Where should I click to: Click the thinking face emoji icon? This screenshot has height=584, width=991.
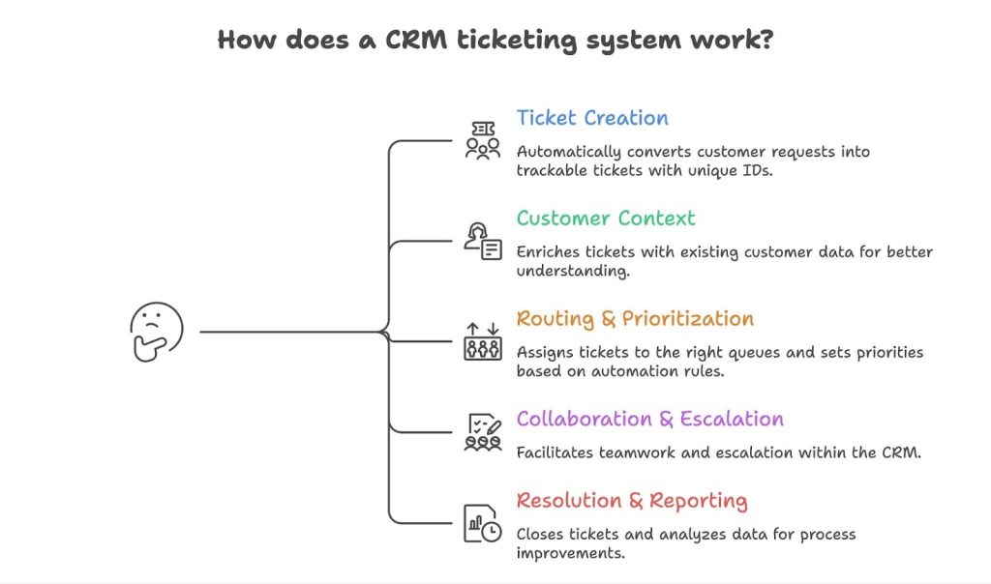[156, 332]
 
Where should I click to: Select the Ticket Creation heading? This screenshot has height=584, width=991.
[592, 118]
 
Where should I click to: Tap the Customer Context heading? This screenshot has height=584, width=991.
[606, 219]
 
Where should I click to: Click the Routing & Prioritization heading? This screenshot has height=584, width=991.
[635, 319]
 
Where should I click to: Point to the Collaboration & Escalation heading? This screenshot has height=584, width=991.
[649, 420]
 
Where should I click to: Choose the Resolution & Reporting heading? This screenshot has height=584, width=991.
[631, 501]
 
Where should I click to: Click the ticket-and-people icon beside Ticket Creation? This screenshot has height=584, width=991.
[483, 140]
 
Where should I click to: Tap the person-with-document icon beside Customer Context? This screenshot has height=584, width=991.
[483, 241]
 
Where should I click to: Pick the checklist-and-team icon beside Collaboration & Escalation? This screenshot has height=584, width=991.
[483, 431]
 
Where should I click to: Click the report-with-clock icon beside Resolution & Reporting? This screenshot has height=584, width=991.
[483, 522]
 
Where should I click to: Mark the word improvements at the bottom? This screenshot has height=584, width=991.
[569, 553]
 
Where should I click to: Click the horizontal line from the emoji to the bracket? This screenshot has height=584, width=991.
[290, 333]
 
